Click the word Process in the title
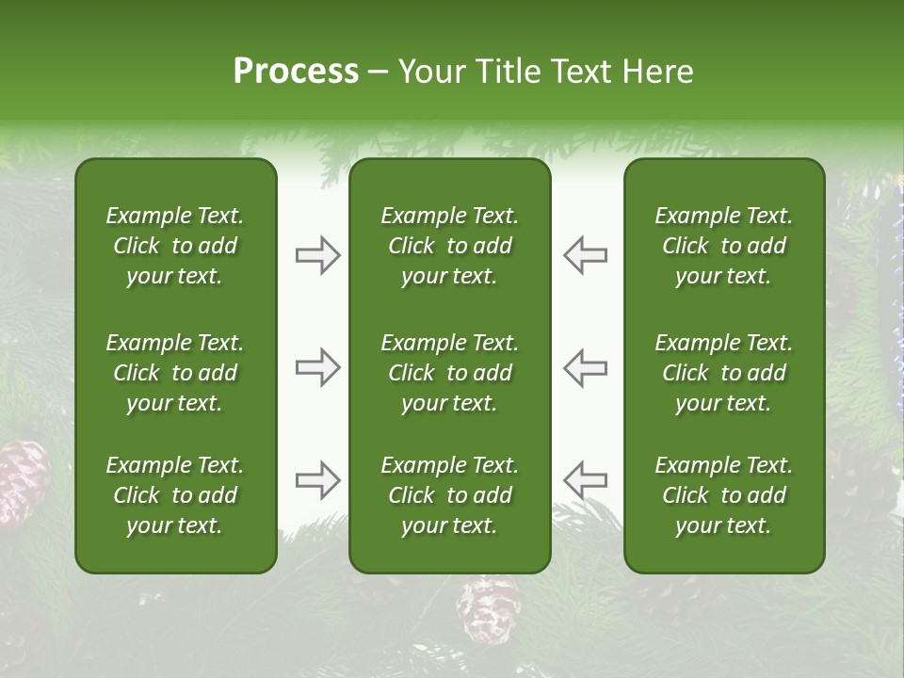coord(296,72)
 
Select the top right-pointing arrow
coord(318,255)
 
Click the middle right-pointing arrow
coord(318,367)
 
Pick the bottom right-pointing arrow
coord(318,480)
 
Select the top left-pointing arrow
coord(585,255)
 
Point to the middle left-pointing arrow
coord(585,367)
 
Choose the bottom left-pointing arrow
coord(585,480)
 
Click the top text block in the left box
coord(175,246)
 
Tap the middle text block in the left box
coord(175,373)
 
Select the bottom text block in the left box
coord(175,495)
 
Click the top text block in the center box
coord(449,246)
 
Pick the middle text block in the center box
coord(449,373)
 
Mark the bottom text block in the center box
coord(449,495)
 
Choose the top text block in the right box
coord(723,246)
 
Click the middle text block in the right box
coord(723,373)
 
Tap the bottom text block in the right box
coord(723,495)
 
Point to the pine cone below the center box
coord(489,607)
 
